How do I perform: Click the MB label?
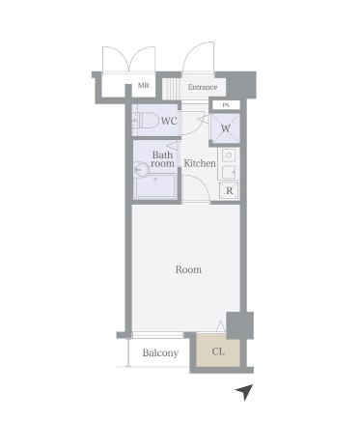tap(143, 86)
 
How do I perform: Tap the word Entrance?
tap(203, 87)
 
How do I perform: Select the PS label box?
tap(226, 105)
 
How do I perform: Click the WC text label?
tap(169, 121)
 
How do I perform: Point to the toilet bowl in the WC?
tap(148, 121)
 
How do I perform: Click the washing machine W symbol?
tap(226, 128)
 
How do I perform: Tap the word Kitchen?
tap(200, 163)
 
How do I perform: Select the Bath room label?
tap(163, 159)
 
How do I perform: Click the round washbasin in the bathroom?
tap(141, 170)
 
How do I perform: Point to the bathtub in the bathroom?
tap(155, 186)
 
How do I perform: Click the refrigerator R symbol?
tap(229, 190)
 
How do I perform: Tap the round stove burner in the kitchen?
tap(229, 155)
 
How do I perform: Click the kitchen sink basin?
tap(229, 172)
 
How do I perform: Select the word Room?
tap(188, 269)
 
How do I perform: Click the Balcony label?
tap(160, 352)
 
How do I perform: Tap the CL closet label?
tap(218, 351)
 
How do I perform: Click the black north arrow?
tap(245, 392)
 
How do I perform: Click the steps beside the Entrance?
tap(171, 89)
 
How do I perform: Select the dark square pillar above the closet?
tap(240, 325)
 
